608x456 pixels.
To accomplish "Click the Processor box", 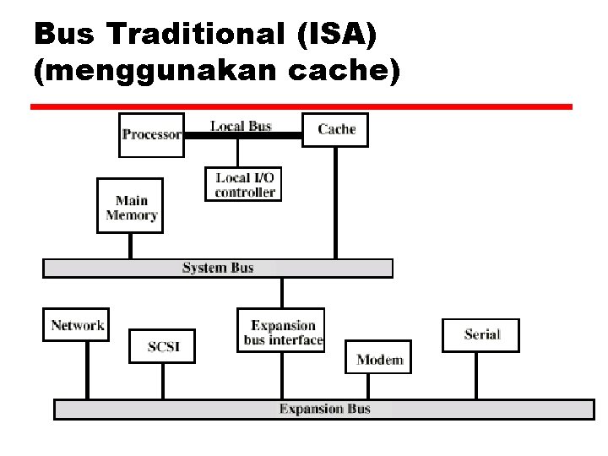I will [x=151, y=134].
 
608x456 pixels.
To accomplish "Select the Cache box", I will [x=335, y=129].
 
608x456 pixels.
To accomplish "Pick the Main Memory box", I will [x=131, y=207].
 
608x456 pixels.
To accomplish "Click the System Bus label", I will [x=218, y=269].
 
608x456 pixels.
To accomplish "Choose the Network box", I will [x=77, y=325].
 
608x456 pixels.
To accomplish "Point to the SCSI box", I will [x=161, y=346].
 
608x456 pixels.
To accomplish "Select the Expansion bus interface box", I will [x=281, y=332].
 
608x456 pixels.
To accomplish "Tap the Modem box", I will [x=379, y=360].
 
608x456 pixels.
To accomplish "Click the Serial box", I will [x=480, y=334].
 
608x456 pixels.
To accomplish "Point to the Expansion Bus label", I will [x=325, y=410].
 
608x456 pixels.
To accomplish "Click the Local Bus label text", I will [x=241, y=126].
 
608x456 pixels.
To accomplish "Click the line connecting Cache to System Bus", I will [x=335, y=203].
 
